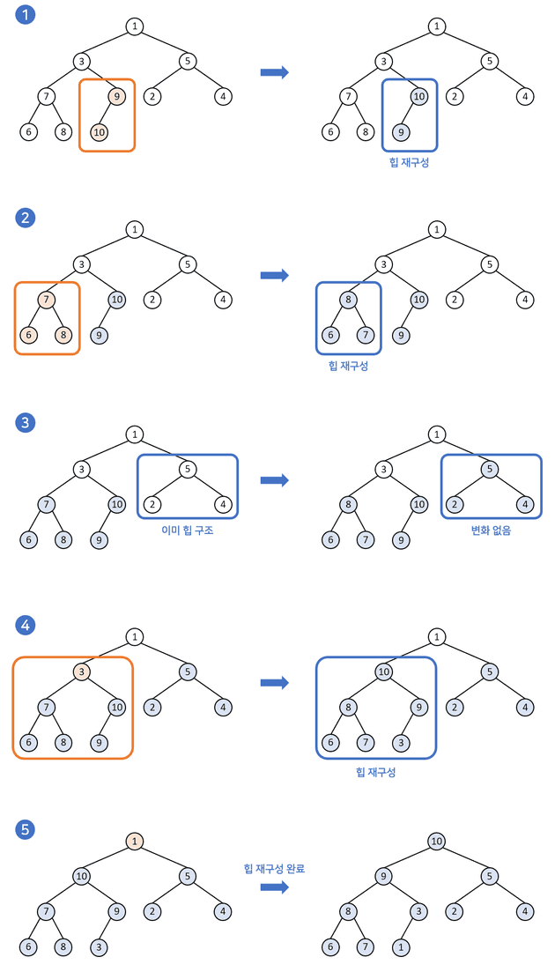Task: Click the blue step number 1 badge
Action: [x=26, y=15]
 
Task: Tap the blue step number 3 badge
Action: [x=26, y=422]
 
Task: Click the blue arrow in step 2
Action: [x=275, y=276]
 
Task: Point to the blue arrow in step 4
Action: [x=275, y=683]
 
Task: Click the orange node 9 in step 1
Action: [x=117, y=96]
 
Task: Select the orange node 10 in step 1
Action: [x=99, y=132]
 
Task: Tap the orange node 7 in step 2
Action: [x=46, y=300]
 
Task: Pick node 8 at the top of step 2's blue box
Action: [x=349, y=300]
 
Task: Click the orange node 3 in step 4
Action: [x=81, y=671]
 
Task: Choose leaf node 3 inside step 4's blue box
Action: [x=402, y=742]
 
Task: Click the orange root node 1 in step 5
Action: [x=134, y=841]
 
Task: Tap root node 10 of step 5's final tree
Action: [x=436, y=841]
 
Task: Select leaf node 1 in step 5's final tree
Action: [x=402, y=948]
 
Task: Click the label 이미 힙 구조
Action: [x=188, y=531]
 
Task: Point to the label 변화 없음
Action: [x=491, y=531]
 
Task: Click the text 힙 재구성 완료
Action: [x=275, y=868]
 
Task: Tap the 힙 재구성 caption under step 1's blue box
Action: [x=409, y=162]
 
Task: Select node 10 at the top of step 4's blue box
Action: [x=384, y=671]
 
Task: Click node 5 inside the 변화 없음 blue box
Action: [x=491, y=469]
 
